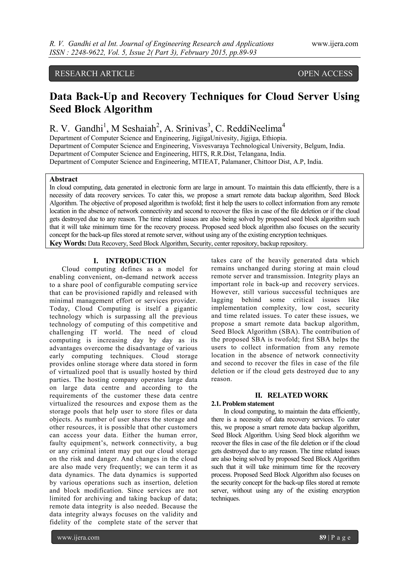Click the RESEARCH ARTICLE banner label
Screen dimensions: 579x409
tap(94, 73)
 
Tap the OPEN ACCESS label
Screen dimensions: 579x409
tap(325, 73)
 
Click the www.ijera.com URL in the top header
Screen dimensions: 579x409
tap(335, 44)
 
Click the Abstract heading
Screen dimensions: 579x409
tap(64, 179)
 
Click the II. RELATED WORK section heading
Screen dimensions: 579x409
tap(291, 395)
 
